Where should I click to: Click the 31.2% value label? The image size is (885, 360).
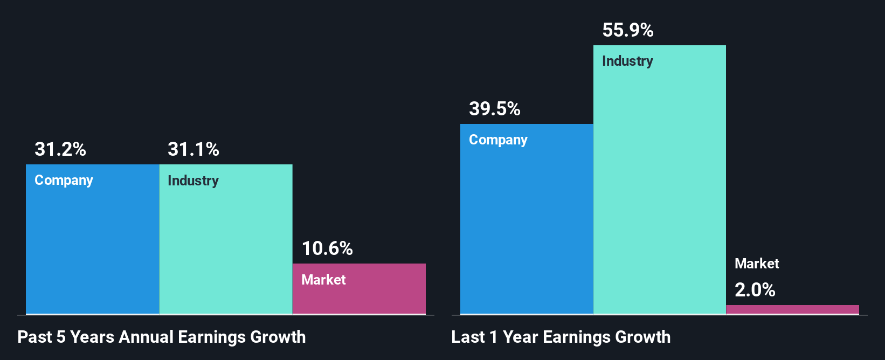(x=60, y=149)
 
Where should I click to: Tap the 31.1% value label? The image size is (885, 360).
(x=193, y=149)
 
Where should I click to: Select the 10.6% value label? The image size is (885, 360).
(x=327, y=248)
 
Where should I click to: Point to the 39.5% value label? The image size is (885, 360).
(x=495, y=109)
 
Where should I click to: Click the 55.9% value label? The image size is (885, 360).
(x=628, y=30)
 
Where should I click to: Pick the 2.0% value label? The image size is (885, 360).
(x=755, y=290)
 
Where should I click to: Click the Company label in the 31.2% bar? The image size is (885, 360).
(x=64, y=181)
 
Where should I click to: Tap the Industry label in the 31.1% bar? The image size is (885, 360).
(x=193, y=181)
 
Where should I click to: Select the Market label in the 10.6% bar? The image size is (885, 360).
(x=323, y=280)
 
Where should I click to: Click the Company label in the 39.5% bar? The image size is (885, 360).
(x=498, y=140)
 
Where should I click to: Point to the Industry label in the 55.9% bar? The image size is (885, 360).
(x=627, y=61)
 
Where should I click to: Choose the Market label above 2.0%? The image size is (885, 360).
(x=757, y=264)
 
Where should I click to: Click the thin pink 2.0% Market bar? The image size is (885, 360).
(x=792, y=309)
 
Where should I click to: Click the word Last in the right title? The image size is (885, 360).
(x=468, y=337)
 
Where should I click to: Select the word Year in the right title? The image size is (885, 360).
(x=520, y=337)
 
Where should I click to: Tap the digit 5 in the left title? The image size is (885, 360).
(x=61, y=337)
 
